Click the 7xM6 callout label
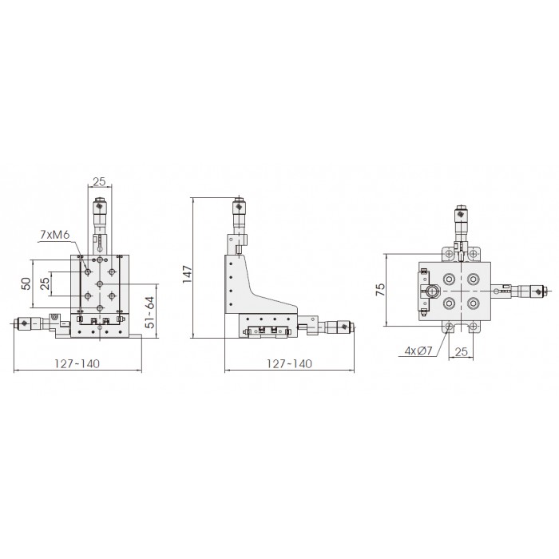click(x=54, y=235)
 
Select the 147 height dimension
click(x=188, y=274)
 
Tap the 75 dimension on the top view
click(x=381, y=289)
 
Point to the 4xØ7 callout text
click(x=418, y=351)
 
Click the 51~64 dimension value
click(x=150, y=312)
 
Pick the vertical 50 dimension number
click(x=26, y=283)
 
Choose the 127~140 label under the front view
click(x=77, y=363)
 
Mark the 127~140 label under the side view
click(x=289, y=363)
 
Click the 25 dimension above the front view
click(x=100, y=181)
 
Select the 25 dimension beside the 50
click(x=45, y=283)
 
